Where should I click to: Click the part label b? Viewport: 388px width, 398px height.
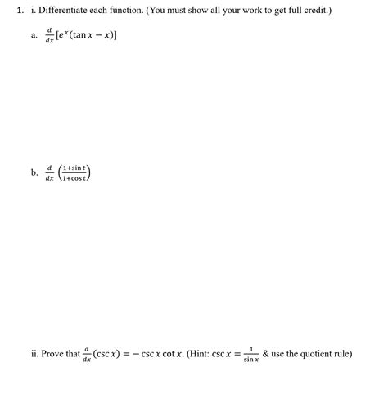click(34, 173)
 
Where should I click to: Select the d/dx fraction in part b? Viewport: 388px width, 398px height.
click(50, 173)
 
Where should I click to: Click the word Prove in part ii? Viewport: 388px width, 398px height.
click(53, 354)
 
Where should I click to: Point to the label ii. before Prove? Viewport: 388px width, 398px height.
click(34, 354)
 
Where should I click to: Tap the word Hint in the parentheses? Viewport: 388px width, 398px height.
click(196, 354)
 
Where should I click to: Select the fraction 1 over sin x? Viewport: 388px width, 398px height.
click(250, 355)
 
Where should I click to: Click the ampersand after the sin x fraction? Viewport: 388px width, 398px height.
click(266, 354)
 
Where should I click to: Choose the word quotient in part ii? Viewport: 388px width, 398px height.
click(314, 354)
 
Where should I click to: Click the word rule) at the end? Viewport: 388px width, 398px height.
click(343, 354)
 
